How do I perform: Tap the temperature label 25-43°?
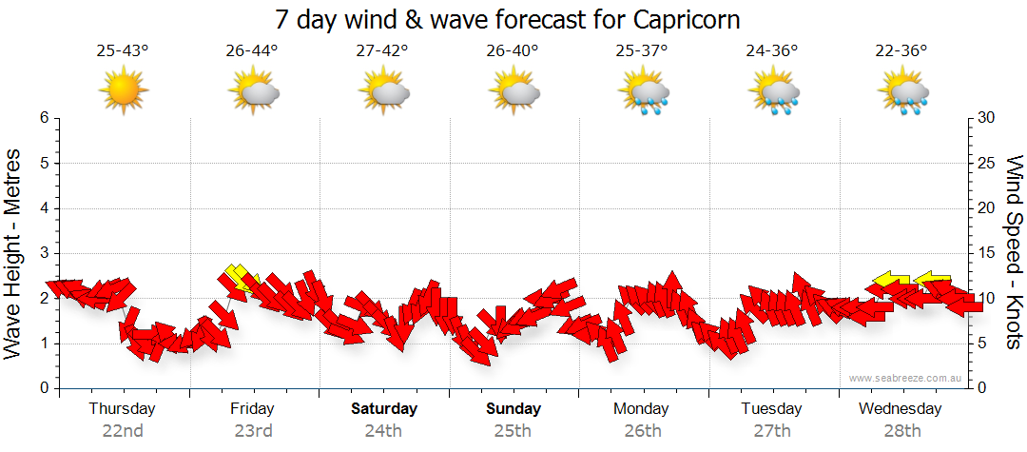[123, 51]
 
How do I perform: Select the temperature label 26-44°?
[252, 51]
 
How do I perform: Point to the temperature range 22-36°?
[901, 51]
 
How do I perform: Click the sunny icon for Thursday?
[123, 91]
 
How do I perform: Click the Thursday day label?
[122, 409]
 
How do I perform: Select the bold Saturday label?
[384, 409]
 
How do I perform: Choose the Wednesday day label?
[900, 409]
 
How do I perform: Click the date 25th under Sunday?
[513, 431]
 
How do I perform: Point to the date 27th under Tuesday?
[772, 431]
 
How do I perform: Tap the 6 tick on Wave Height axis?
[44, 118]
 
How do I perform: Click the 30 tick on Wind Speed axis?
[987, 118]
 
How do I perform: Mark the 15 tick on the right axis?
[987, 253]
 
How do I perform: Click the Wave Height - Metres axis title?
[14, 253]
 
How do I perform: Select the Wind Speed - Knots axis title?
[1014, 253]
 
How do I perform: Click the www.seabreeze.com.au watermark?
[906, 378]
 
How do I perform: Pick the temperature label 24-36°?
[772, 51]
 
